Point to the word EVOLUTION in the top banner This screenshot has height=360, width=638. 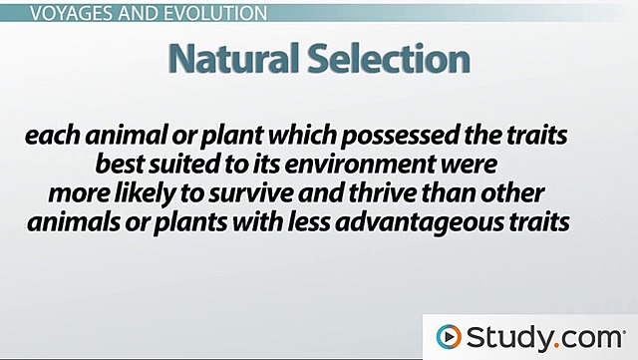[x=212, y=14]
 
